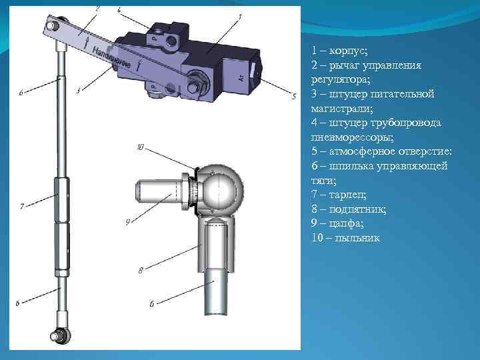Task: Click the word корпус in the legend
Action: (x=348, y=51)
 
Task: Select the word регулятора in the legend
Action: (x=341, y=79)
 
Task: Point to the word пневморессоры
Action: (x=352, y=137)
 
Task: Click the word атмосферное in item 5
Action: (x=362, y=151)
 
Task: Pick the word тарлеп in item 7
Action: (x=347, y=195)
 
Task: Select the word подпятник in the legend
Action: (x=357, y=209)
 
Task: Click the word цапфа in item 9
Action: (x=346, y=223)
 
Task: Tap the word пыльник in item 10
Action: (x=357, y=238)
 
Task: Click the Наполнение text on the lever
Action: (x=111, y=57)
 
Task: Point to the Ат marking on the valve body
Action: (x=241, y=77)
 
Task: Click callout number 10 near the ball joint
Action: (x=140, y=147)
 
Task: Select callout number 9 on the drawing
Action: (x=128, y=221)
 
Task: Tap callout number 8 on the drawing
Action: (x=141, y=270)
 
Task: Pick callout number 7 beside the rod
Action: (x=22, y=207)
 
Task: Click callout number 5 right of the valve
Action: (x=294, y=97)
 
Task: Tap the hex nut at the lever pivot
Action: (x=194, y=87)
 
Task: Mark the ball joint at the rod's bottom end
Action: (x=60, y=335)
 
